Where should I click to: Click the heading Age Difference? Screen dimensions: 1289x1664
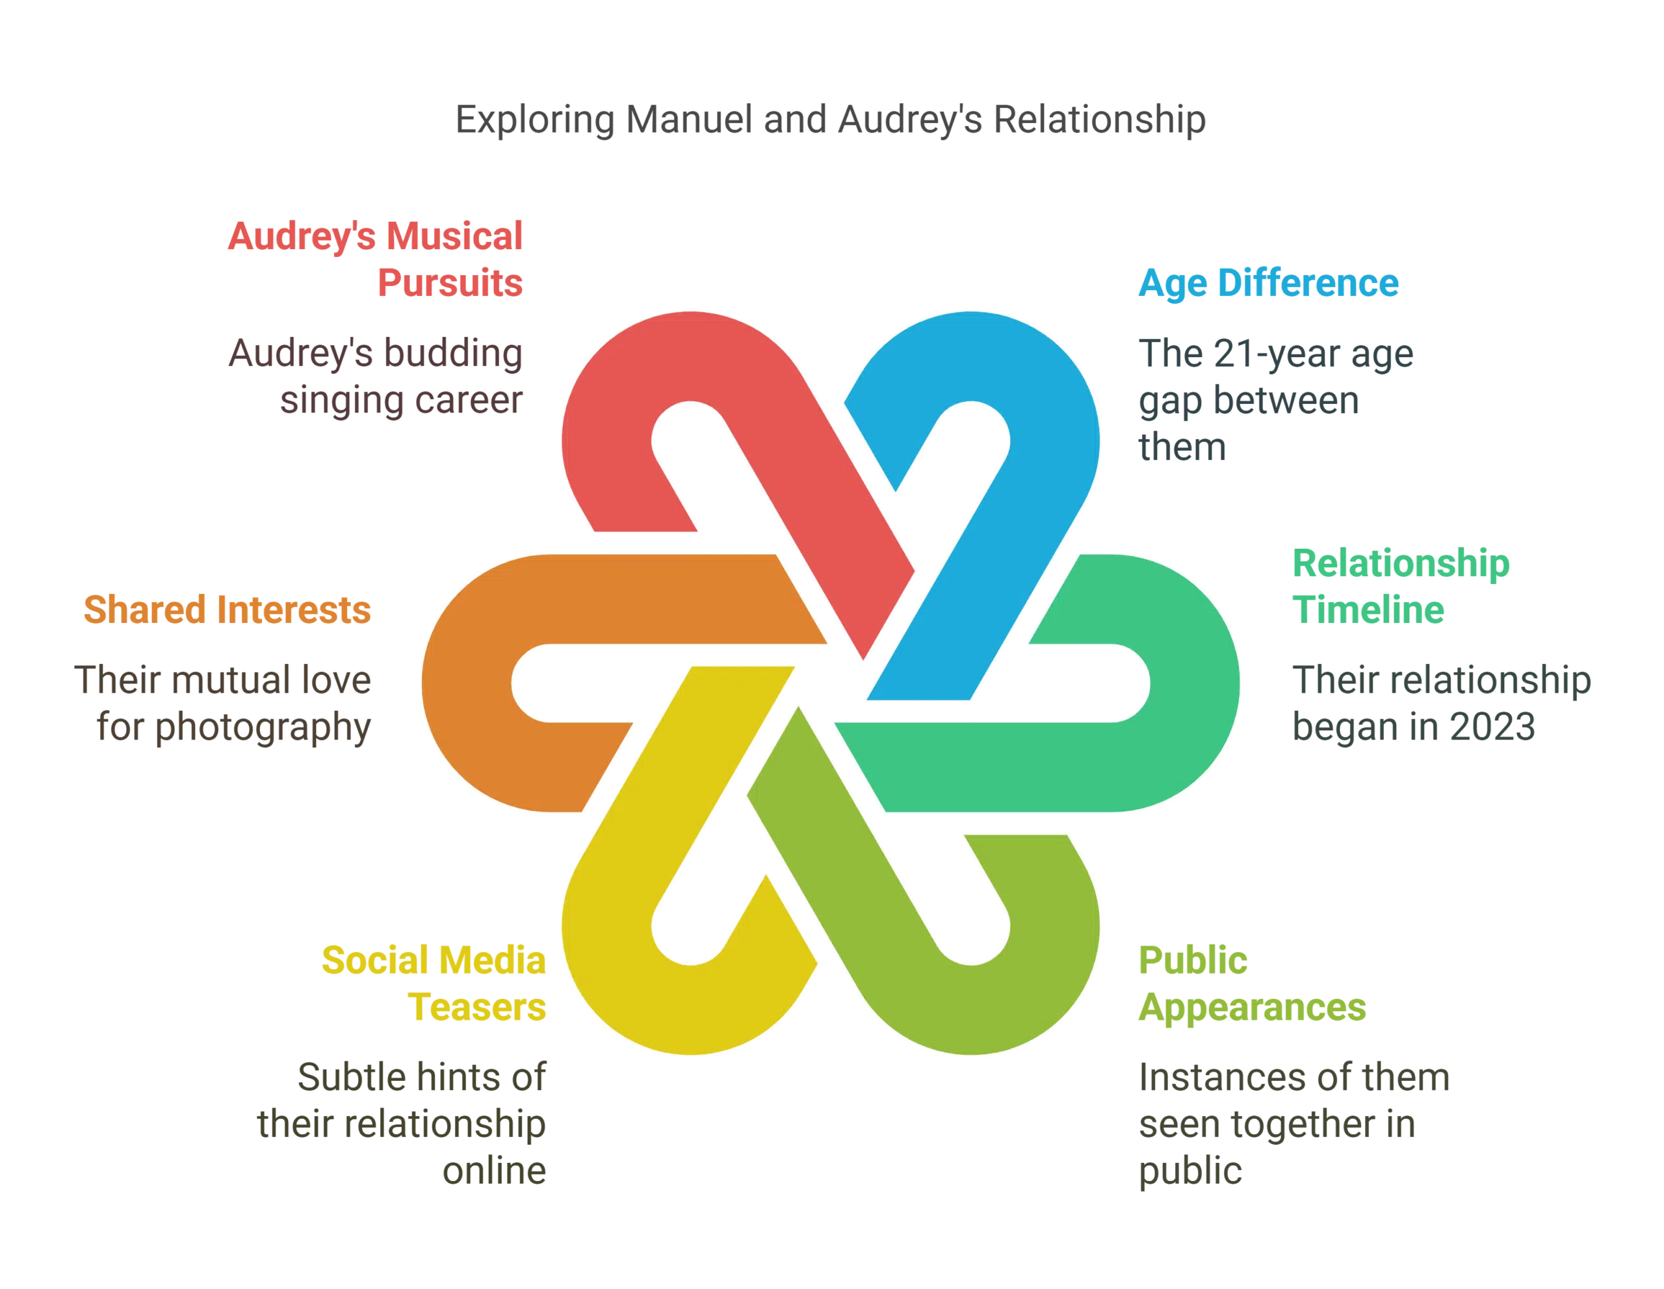click(1267, 282)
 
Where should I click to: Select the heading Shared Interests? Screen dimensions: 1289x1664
click(227, 610)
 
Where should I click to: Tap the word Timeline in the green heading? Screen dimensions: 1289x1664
click(1368, 610)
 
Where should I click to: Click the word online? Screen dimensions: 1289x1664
click(494, 1171)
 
